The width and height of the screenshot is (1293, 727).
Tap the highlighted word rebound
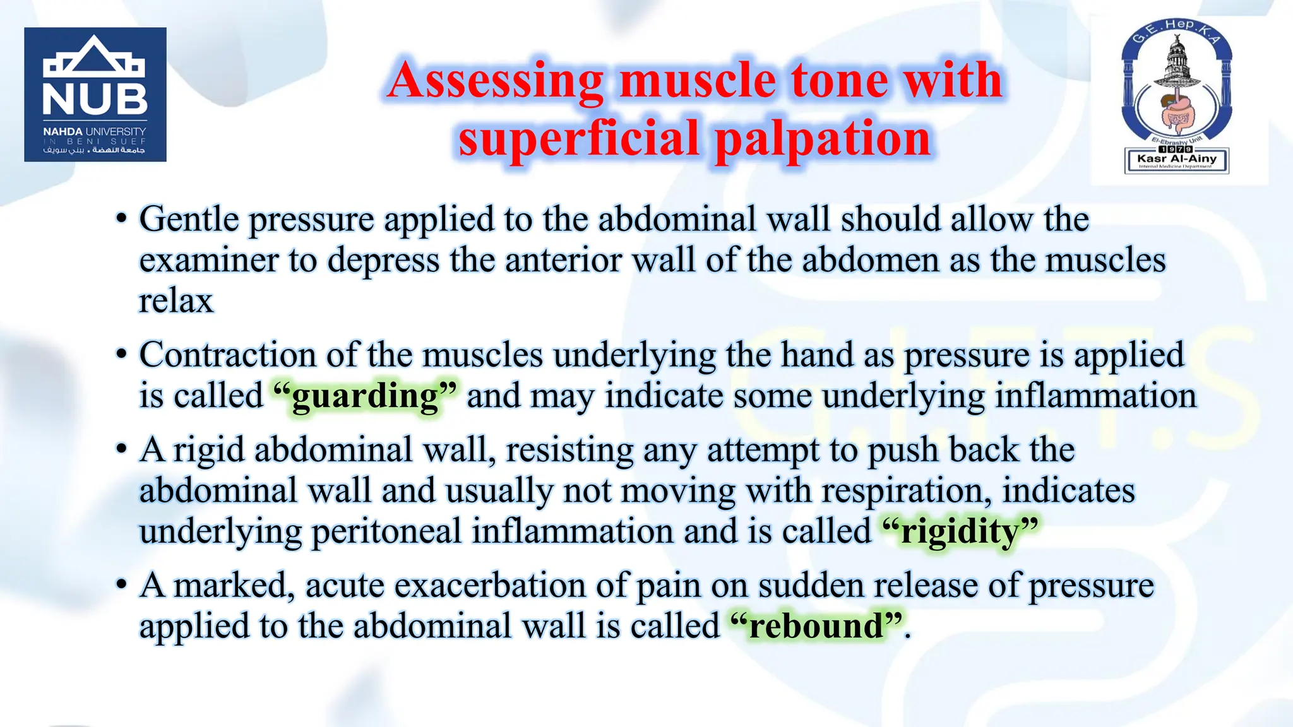click(816, 627)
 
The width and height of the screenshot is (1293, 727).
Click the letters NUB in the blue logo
click(95, 99)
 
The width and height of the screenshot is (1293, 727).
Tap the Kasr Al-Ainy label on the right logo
click(1177, 158)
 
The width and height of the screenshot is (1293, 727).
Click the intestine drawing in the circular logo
click(1176, 112)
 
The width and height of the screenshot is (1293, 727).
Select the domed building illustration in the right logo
click(1176, 63)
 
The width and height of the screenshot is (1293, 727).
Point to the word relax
click(176, 301)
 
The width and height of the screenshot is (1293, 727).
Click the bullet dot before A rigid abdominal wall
click(121, 450)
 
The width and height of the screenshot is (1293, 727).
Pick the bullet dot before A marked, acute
click(121, 585)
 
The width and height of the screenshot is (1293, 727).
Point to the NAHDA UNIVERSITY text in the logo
click(95, 131)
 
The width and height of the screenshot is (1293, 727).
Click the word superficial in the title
click(579, 138)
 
